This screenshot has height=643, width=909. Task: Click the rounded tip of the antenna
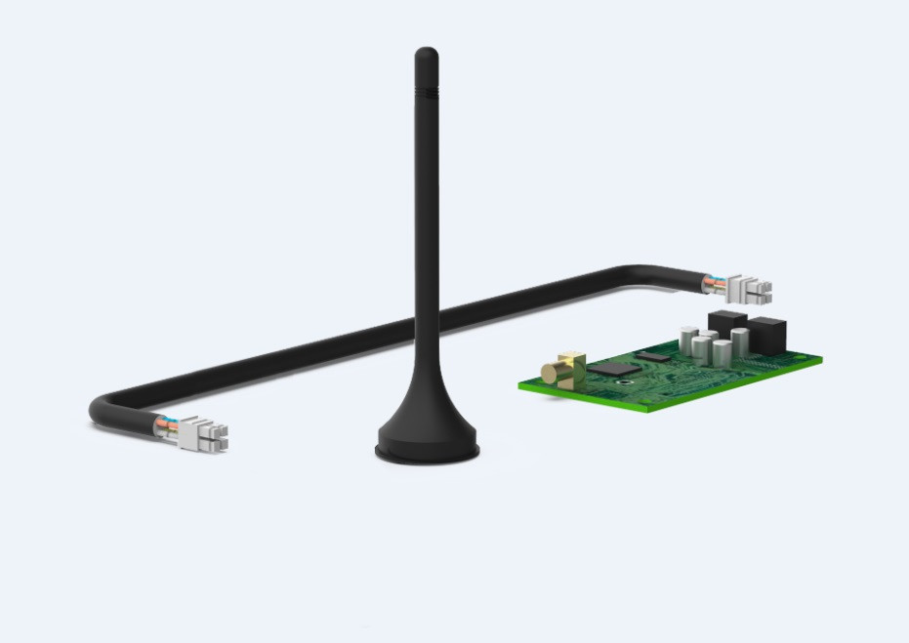click(x=426, y=53)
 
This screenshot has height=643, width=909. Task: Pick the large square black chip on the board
click(x=613, y=369)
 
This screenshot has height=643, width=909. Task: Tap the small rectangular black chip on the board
click(x=656, y=357)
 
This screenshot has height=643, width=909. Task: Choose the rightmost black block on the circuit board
click(x=767, y=335)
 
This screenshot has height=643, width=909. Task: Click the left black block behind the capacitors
click(x=726, y=323)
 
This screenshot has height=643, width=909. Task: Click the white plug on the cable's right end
click(x=750, y=287)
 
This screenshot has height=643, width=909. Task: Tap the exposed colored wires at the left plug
click(x=166, y=426)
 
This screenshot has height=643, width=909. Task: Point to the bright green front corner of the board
click(x=648, y=411)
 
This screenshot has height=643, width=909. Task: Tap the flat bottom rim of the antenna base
click(x=428, y=454)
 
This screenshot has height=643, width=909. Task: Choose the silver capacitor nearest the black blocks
click(x=740, y=342)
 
